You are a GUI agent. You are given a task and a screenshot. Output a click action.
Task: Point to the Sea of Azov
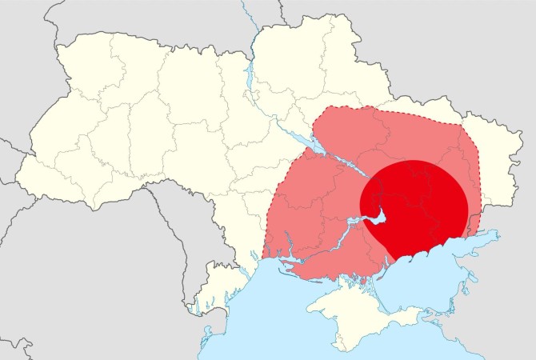(448, 264)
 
